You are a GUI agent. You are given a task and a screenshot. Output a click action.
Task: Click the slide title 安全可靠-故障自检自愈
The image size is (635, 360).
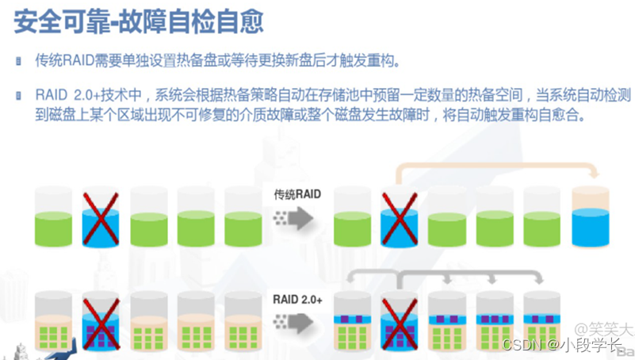(x=139, y=21)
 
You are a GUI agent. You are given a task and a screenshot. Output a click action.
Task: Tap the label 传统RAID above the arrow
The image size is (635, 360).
(x=296, y=193)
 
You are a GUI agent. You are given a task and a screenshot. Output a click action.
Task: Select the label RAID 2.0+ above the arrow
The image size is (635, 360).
(x=297, y=299)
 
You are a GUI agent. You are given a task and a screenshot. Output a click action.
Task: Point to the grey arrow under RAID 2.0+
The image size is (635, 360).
(x=297, y=322)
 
